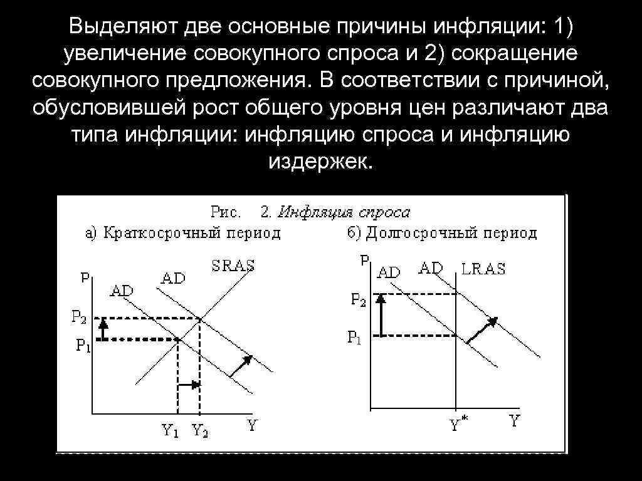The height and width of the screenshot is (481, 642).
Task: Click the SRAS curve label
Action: pos(233,265)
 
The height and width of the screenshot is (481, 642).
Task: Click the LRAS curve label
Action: pos(483,269)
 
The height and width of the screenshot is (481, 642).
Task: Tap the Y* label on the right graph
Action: pos(457,425)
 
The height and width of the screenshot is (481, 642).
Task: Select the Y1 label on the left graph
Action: pos(171,430)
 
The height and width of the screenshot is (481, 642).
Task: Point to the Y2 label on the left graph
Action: pos(201,430)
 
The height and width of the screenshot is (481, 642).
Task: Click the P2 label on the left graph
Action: pos(78,318)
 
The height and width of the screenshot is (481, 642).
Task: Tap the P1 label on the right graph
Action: pos(355,338)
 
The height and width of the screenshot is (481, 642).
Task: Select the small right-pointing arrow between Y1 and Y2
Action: pos(190,385)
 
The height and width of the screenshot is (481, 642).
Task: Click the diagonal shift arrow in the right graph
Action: pos(481,329)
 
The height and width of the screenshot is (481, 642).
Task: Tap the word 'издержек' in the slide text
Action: pos(320,162)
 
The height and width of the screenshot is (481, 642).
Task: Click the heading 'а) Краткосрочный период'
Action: pos(182,234)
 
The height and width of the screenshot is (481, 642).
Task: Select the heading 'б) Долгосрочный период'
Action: pos(441,234)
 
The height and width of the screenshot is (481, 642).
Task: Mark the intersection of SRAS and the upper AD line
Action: pos(200,319)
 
